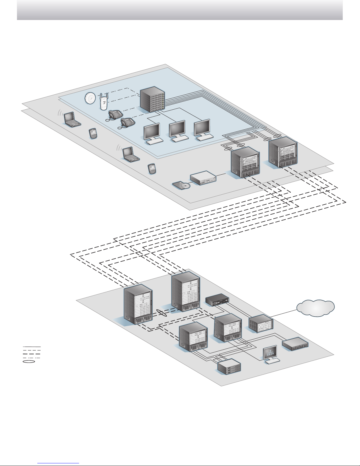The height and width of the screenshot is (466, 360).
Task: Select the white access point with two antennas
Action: (x=103, y=102)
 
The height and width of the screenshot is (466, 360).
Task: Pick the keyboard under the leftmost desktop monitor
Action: (x=155, y=141)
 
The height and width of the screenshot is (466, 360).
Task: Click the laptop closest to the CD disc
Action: (x=130, y=155)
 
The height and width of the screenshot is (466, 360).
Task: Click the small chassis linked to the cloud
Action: (x=261, y=323)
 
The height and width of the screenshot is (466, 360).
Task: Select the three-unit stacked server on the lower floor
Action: (x=229, y=366)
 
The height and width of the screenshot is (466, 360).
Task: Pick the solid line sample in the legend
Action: (x=32, y=347)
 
